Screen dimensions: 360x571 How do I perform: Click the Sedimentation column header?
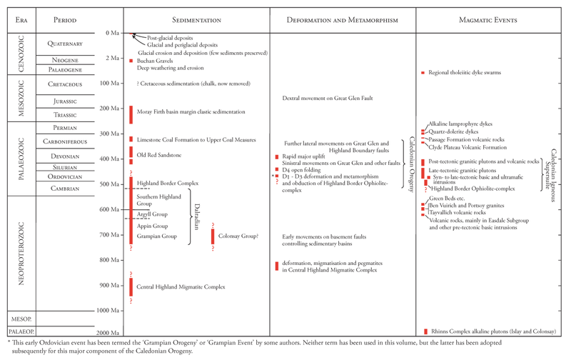click(196, 19)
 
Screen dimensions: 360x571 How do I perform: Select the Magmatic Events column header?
click(492, 19)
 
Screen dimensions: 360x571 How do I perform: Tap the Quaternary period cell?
click(65, 44)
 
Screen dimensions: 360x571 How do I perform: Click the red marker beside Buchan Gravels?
click(131, 61)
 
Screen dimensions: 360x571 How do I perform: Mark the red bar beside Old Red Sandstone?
click(131, 153)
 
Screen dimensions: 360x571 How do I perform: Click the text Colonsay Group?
click(238, 235)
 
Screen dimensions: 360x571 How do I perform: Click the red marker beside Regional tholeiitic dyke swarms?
click(423, 73)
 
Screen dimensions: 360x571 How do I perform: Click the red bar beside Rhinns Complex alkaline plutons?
click(425, 331)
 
